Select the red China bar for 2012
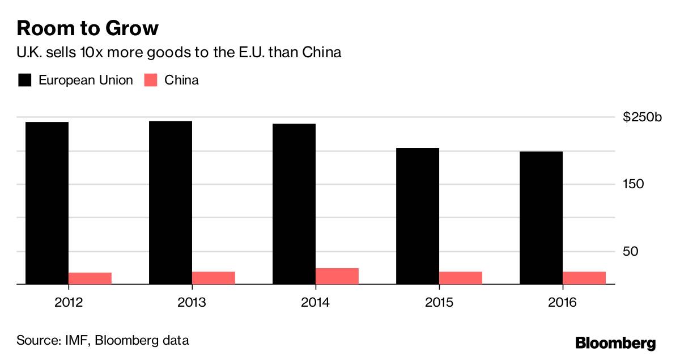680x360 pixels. (90, 278)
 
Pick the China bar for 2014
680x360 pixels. (337, 276)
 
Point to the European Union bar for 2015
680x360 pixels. (418, 215)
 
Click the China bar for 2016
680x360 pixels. (584, 277)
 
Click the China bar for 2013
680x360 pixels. (214, 277)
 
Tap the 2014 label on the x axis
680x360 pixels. (315, 303)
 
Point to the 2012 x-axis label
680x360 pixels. (68, 303)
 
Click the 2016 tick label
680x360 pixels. (562, 303)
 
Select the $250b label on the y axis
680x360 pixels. (642, 118)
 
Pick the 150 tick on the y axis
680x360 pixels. (634, 185)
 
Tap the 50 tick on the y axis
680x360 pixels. (631, 251)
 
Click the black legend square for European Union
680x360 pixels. (24, 80)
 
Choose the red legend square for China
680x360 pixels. (151, 80)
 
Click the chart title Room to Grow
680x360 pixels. (87, 28)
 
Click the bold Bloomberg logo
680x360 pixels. (615, 342)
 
